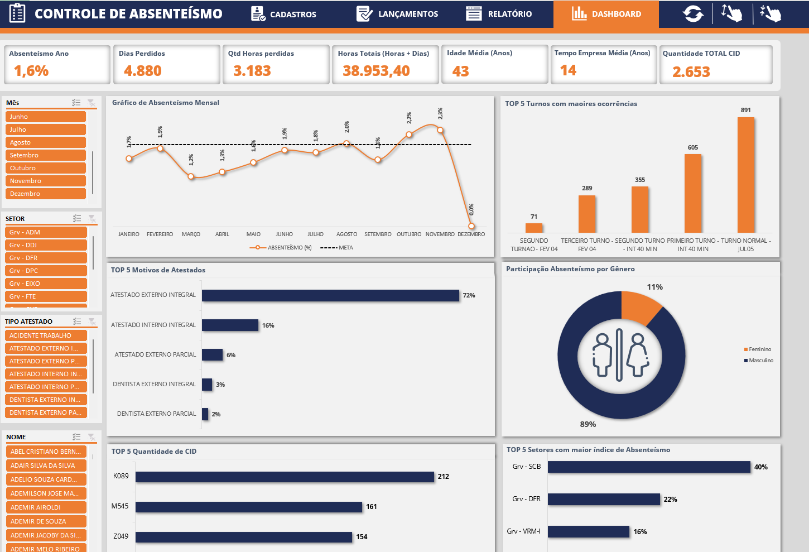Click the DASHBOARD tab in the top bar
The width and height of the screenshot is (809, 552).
pyautogui.click(x=606, y=14)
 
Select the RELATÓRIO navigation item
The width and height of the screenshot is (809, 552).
pyautogui.click(x=499, y=14)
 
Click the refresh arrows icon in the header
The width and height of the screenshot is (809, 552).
pyautogui.click(x=693, y=14)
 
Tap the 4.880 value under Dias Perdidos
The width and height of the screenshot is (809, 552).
pyautogui.click(x=143, y=71)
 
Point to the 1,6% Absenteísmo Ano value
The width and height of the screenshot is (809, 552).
pyautogui.click(x=31, y=71)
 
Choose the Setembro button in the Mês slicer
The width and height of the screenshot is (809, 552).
pyautogui.click(x=46, y=155)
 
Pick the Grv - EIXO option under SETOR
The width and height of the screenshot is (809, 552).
pyautogui.click(x=46, y=284)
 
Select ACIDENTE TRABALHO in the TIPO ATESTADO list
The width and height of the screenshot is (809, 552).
pyautogui.click(x=46, y=335)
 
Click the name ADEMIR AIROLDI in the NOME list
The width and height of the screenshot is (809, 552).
pyautogui.click(x=46, y=507)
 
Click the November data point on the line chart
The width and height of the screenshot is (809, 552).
pyautogui.click(x=440, y=130)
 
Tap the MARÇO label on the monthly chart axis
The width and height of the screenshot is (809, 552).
pyautogui.click(x=191, y=234)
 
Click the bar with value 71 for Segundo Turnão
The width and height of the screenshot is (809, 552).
pyautogui.click(x=534, y=228)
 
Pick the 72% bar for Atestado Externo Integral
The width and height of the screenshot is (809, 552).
pyautogui.click(x=330, y=295)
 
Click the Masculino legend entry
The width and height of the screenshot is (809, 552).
pyautogui.click(x=760, y=361)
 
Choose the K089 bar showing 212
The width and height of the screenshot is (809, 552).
pyautogui.click(x=285, y=477)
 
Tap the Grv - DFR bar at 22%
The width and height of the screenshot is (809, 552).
pyautogui.click(x=604, y=499)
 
